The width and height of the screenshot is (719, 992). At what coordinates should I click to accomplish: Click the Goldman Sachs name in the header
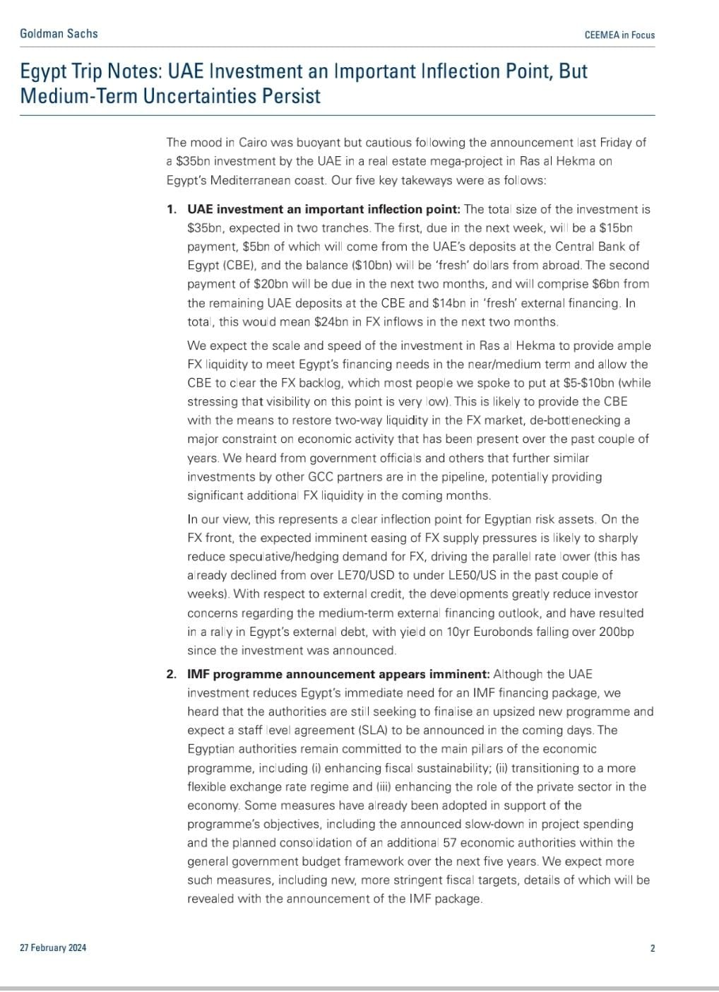click(x=59, y=33)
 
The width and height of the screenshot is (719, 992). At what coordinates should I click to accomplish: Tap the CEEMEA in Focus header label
click(x=619, y=35)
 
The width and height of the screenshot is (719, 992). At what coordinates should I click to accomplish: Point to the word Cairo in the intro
click(x=249, y=142)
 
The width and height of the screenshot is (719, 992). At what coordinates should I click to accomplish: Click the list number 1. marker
click(x=172, y=209)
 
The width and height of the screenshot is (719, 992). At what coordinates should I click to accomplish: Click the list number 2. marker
click(x=172, y=674)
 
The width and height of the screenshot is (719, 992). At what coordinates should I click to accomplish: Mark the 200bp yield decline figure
click(x=616, y=632)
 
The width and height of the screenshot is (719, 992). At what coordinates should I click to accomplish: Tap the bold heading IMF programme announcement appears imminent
click(x=338, y=674)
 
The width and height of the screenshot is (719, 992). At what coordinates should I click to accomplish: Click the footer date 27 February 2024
click(x=53, y=947)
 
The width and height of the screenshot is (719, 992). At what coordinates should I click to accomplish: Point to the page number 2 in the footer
click(x=653, y=948)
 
